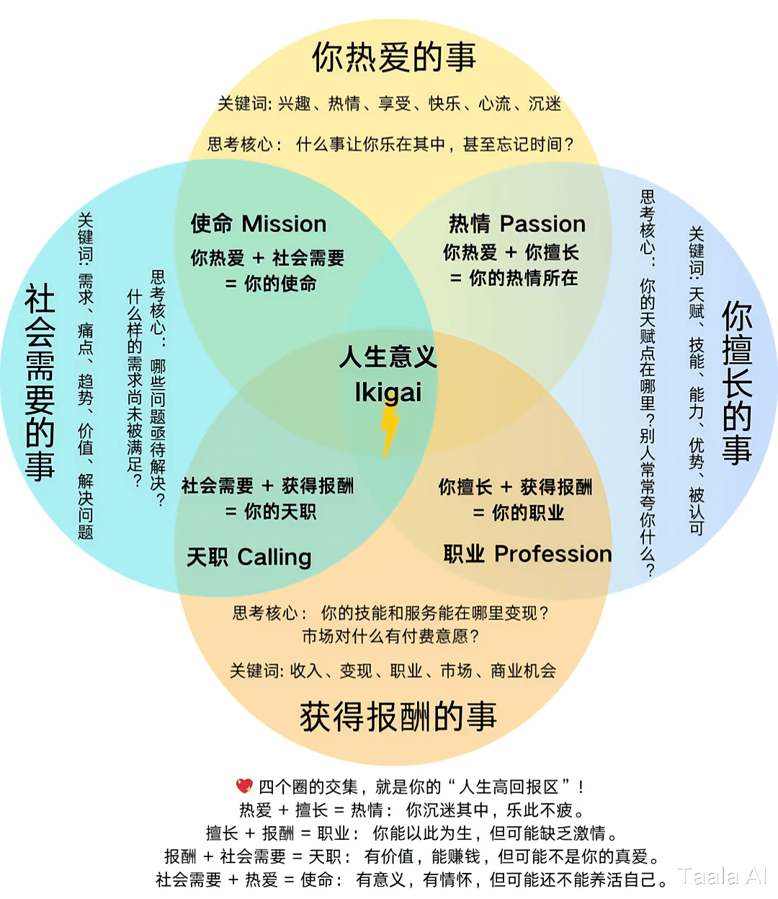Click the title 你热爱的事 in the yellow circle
tap(394, 58)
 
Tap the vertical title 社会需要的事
tap(40, 382)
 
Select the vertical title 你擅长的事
tap(737, 383)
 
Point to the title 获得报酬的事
tap(398, 717)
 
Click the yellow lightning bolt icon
tap(389, 431)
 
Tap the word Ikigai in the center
tap(388, 393)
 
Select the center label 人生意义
tap(388, 357)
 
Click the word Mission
tap(284, 224)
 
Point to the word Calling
tap(274, 557)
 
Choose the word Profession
tap(553, 554)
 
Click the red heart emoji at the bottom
tap(245, 786)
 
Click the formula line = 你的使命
tap(271, 284)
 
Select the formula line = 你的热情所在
tap(514, 278)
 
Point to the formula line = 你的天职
tap(271, 512)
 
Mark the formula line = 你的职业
tap(519, 513)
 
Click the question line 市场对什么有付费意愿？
tap(390, 636)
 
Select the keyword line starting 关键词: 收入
tap(393, 671)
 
